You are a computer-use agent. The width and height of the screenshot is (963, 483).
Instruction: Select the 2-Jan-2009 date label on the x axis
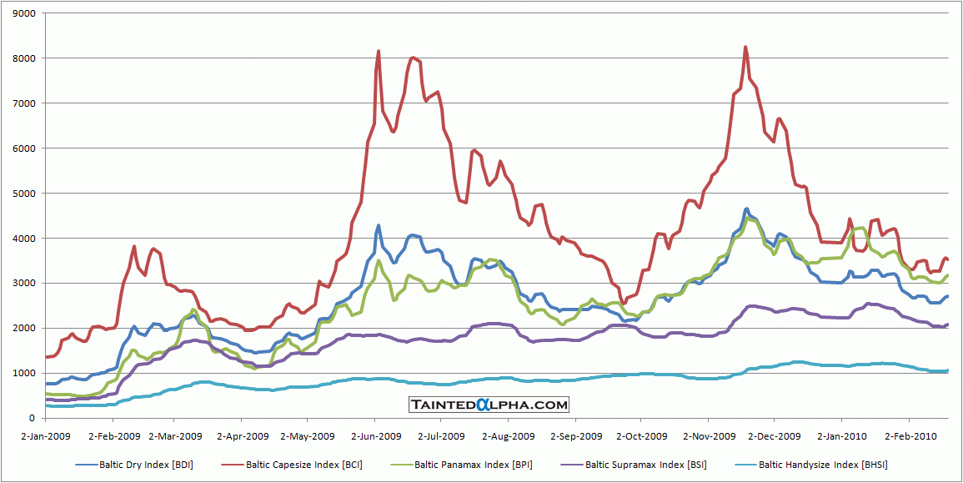[46, 435]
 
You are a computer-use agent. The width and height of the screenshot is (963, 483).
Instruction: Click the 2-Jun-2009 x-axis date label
[374, 435]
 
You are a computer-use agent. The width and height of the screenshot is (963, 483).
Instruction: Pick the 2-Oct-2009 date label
[641, 435]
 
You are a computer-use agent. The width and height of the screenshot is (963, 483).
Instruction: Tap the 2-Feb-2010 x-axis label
[910, 435]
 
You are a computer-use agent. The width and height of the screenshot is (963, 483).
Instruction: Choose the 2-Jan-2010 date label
[841, 435]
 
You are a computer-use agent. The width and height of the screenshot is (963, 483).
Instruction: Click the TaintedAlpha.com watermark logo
[489, 405]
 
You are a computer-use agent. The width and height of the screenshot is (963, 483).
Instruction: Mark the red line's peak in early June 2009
[379, 51]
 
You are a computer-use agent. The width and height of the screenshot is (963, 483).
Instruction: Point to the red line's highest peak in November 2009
[745, 47]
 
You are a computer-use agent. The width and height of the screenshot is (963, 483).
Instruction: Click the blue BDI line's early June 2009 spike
[379, 225]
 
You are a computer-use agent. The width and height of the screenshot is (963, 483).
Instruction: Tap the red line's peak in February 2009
[134, 246]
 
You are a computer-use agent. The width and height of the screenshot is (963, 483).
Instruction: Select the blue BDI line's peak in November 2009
[747, 209]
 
